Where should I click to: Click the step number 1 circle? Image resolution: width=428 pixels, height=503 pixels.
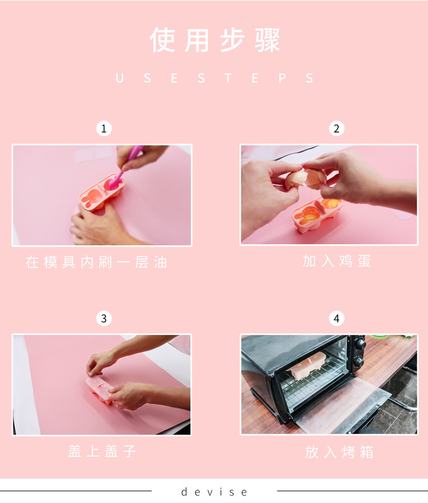pos(104,128)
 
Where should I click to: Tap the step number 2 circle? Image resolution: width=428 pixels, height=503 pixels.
pos(337,128)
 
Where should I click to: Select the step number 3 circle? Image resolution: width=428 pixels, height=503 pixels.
pos(104,318)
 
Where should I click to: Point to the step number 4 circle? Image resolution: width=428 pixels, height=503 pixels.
pos(337,318)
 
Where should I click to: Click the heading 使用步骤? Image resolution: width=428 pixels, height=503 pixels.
pos(215,40)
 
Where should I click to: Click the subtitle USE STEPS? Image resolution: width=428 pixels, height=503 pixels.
pos(214,78)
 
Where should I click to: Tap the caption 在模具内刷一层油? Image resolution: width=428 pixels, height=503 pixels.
pos(96,262)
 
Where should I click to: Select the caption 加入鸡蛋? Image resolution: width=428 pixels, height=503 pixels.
pos(337,261)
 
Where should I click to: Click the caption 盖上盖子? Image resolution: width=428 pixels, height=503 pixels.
pos(102,451)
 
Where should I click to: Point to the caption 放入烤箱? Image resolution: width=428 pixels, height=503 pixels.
pos(339,452)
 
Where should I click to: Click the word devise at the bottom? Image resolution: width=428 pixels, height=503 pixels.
pos(214,492)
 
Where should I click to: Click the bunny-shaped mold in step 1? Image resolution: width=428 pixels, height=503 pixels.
pos(102,192)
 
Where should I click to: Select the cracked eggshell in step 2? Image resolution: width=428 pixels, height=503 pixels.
pos(306,179)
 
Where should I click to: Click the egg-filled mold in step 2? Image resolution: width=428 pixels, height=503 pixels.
pos(318,214)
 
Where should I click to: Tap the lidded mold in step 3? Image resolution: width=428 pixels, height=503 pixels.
pos(99,389)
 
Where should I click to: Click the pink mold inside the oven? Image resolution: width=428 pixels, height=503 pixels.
pos(307,365)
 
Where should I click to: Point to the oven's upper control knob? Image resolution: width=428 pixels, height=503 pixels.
pos(361,345)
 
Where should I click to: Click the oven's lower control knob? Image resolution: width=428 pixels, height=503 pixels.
pos(358,362)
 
